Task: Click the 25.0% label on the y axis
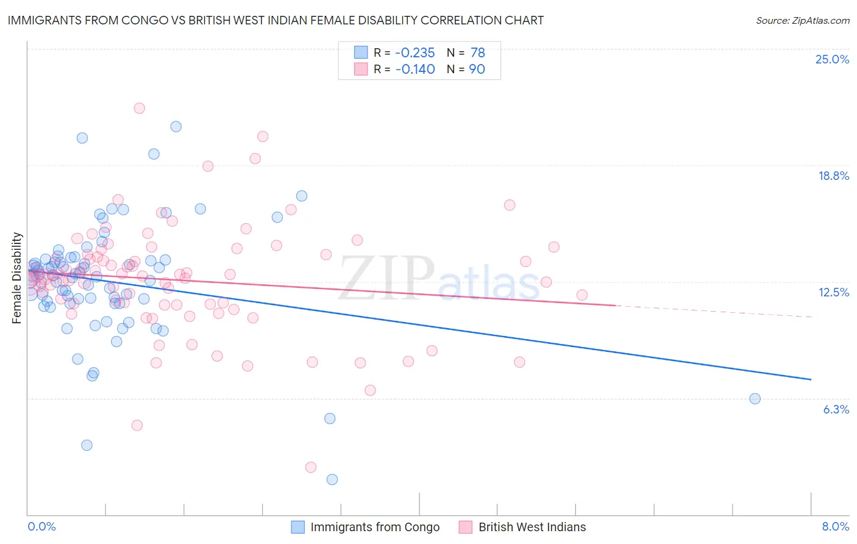pyautogui.click(x=832, y=59)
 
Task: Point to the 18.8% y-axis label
pyautogui.click(x=833, y=176)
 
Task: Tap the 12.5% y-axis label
pyautogui.click(x=833, y=292)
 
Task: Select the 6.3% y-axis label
pyautogui.click(x=836, y=409)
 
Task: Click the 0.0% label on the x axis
pyautogui.click(x=41, y=526)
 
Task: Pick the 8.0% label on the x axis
pyautogui.click(x=835, y=526)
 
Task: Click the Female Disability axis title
pyautogui.click(x=17, y=277)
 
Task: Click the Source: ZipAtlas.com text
pyautogui.click(x=802, y=20)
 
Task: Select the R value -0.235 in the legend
pyautogui.click(x=415, y=52)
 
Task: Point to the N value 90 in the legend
pyautogui.click(x=477, y=69)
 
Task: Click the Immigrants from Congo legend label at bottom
pyautogui.click(x=374, y=527)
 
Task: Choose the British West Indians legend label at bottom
pyautogui.click(x=532, y=527)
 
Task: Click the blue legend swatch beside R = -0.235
pyautogui.click(x=361, y=52)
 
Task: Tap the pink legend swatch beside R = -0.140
pyautogui.click(x=361, y=69)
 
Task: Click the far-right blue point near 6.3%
pyautogui.click(x=755, y=399)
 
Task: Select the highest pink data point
pyautogui.click(x=139, y=108)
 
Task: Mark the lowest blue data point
pyautogui.click(x=332, y=479)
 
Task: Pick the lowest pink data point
pyautogui.click(x=311, y=467)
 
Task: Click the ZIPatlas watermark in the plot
pyautogui.click(x=439, y=277)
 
